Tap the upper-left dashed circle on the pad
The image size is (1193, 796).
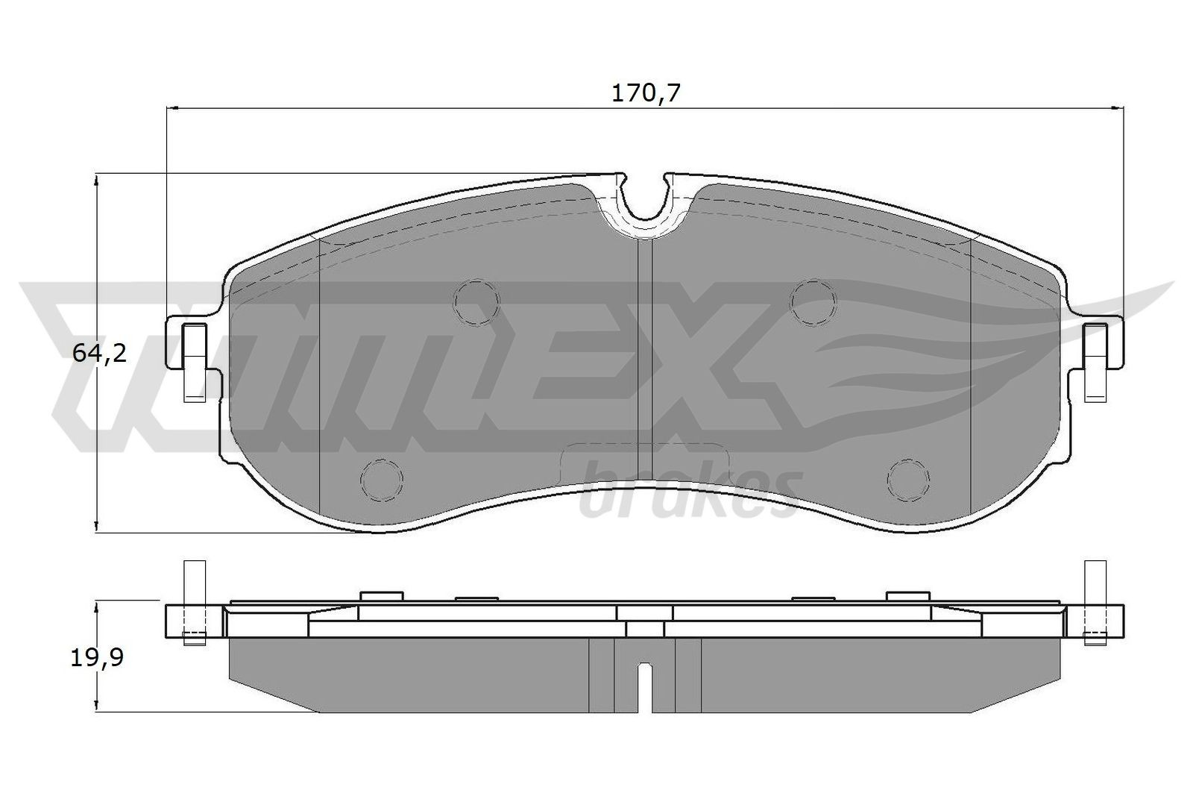point(476,302)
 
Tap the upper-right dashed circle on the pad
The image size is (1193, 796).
point(813,301)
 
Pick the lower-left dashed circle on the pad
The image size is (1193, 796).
point(382,479)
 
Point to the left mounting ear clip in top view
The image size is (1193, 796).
point(195,362)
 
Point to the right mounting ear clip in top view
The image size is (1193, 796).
point(1095,362)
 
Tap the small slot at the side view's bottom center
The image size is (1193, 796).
point(646,685)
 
